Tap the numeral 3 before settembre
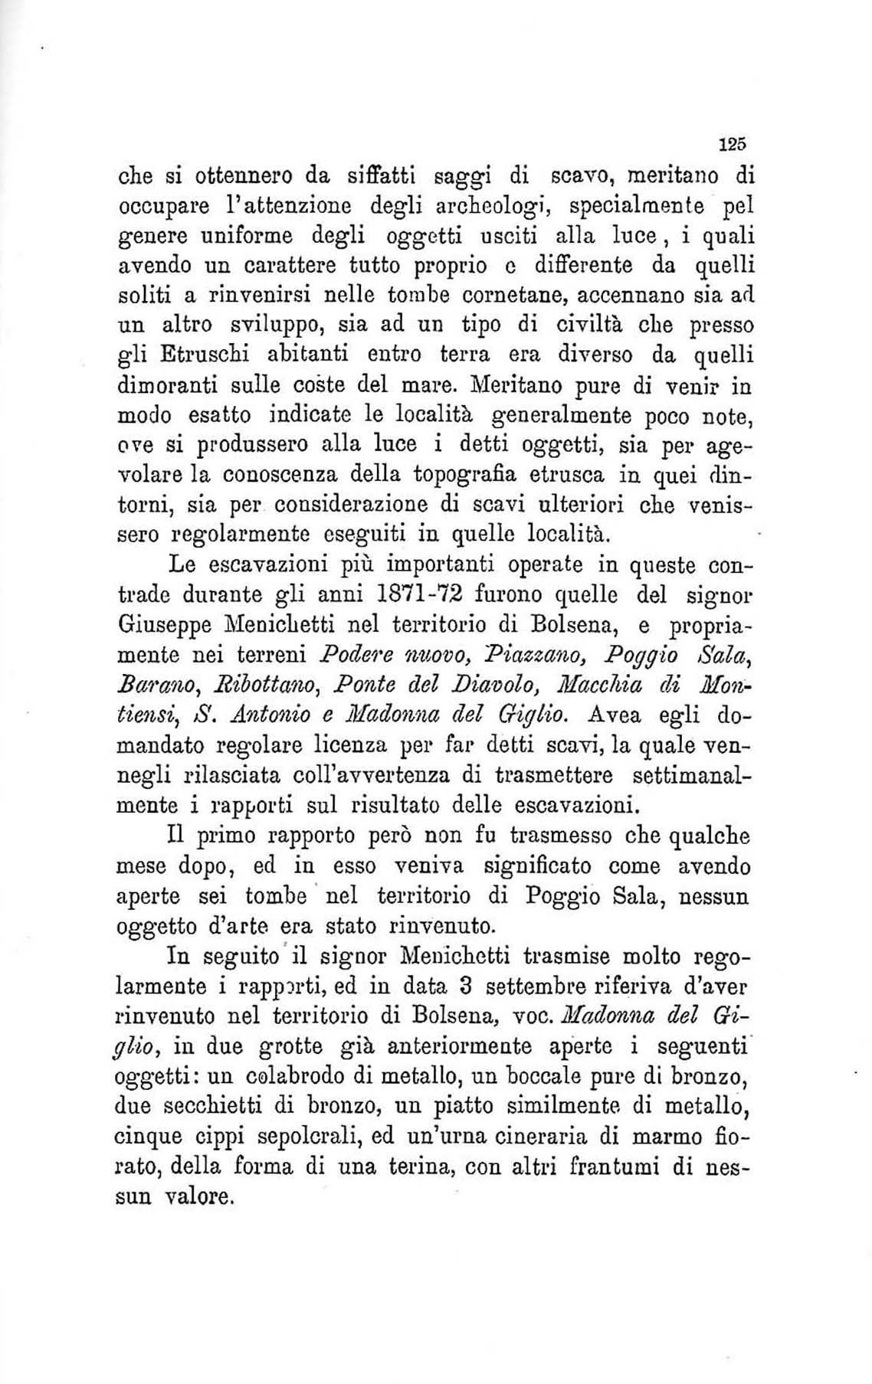(x=484, y=985)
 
